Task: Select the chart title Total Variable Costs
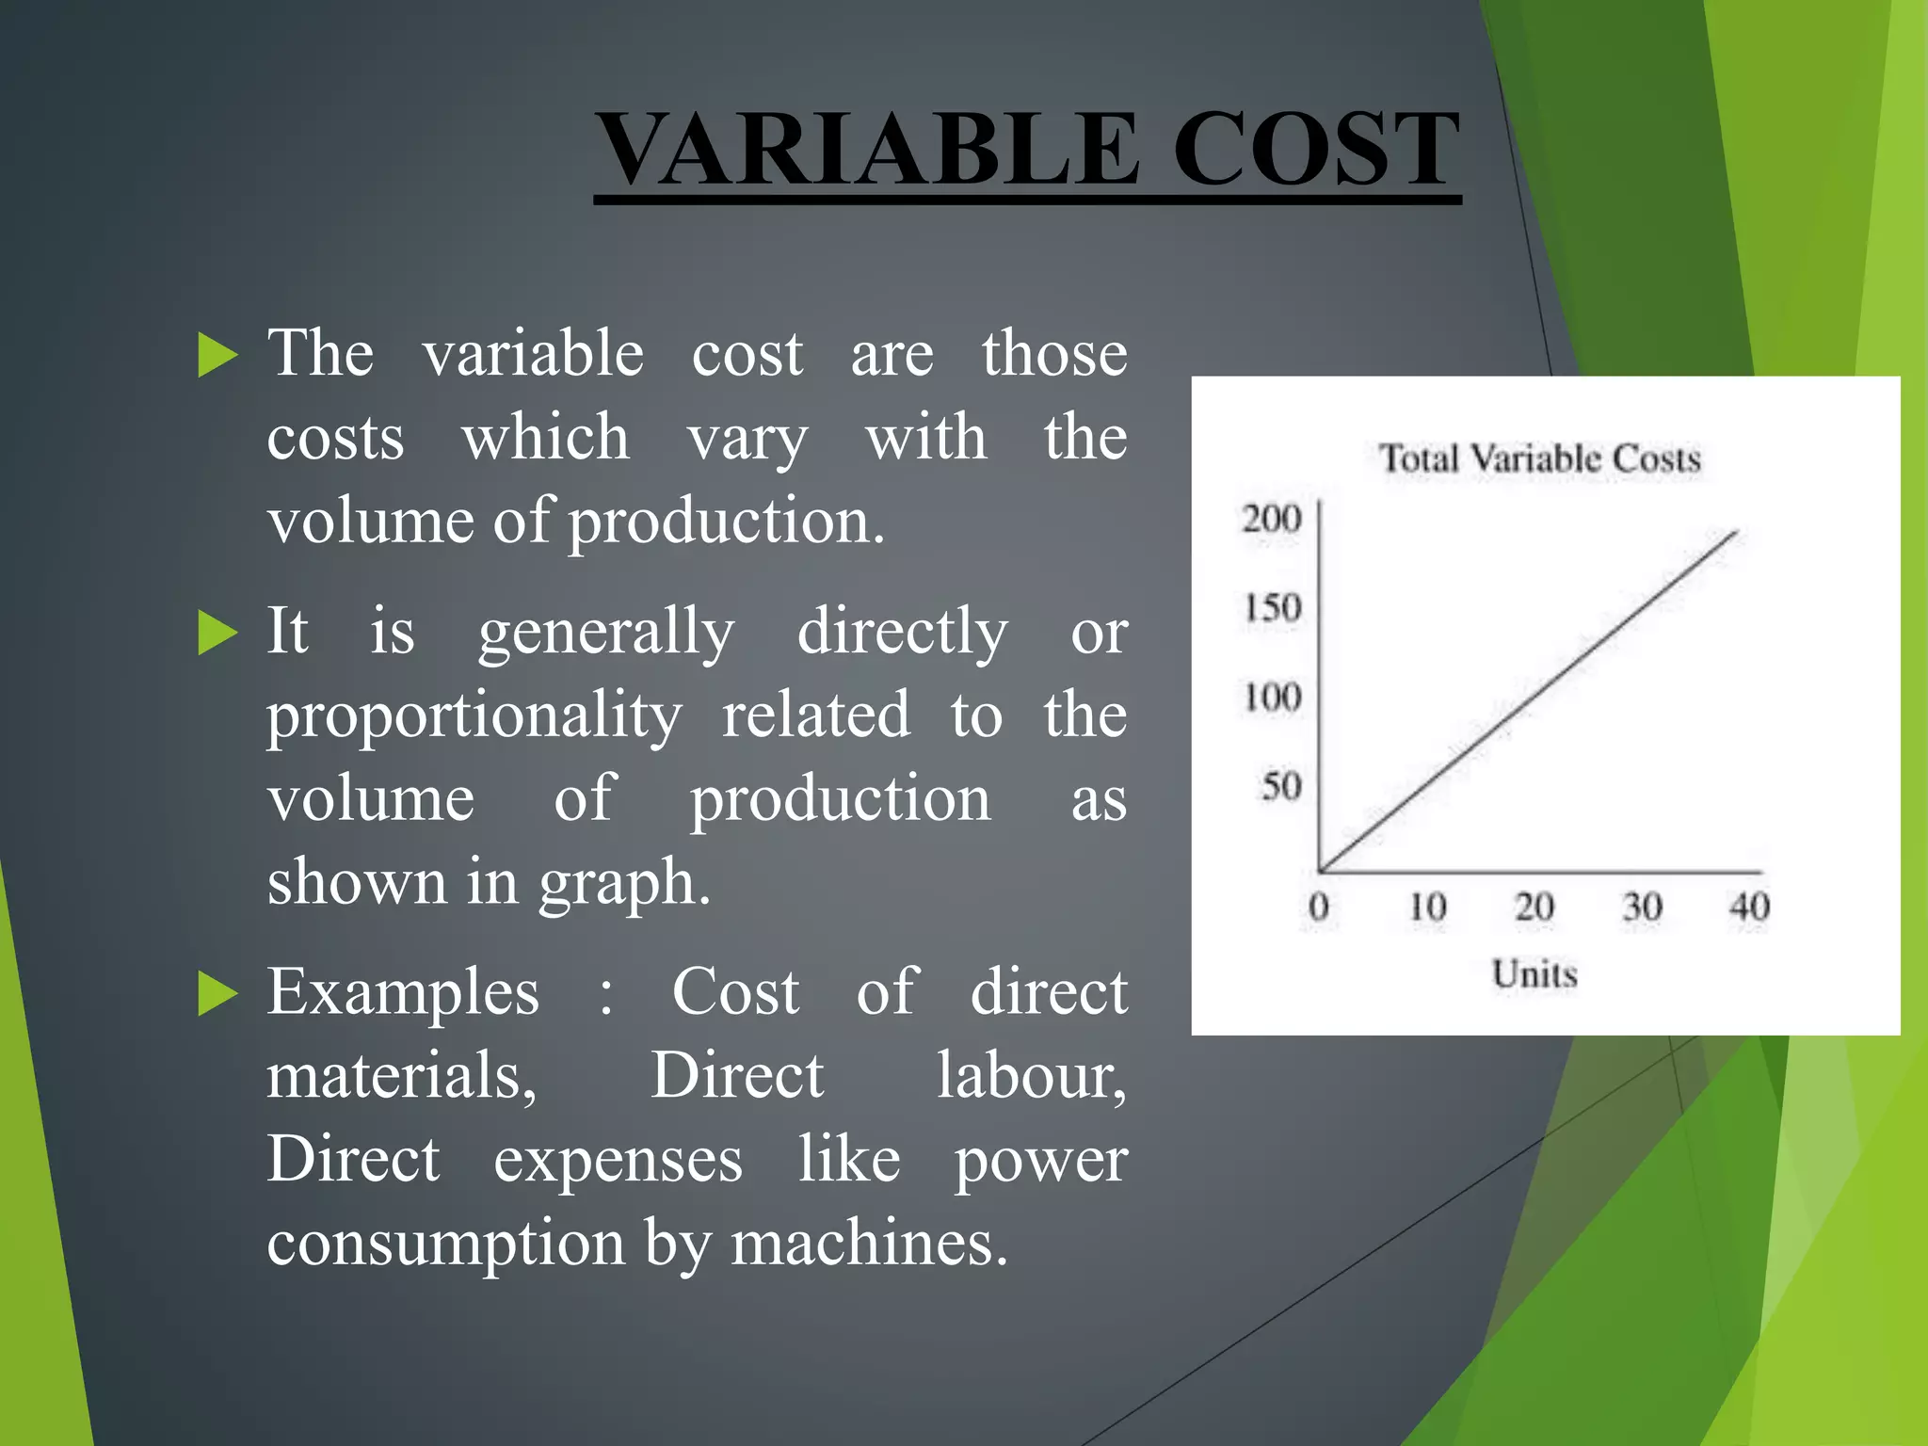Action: [1540, 458]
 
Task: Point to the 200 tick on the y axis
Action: [1272, 519]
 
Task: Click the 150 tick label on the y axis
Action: [1273, 608]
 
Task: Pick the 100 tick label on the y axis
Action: [1273, 698]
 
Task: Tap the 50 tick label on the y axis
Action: [1281, 786]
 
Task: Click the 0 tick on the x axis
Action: [1319, 907]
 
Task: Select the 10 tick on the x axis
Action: [1427, 907]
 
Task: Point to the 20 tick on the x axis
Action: [1534, 907]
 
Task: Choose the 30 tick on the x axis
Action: [1642, 907]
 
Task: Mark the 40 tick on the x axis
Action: [1749, 907]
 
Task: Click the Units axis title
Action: [1534, 973]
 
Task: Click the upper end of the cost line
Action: [1735, 533]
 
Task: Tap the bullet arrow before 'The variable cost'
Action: [217, 356]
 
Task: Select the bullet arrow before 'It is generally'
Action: [217, 633]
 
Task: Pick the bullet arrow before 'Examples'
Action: [217, 994]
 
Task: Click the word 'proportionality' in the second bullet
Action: [474, 716]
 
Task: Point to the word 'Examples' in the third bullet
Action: [403, 992]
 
